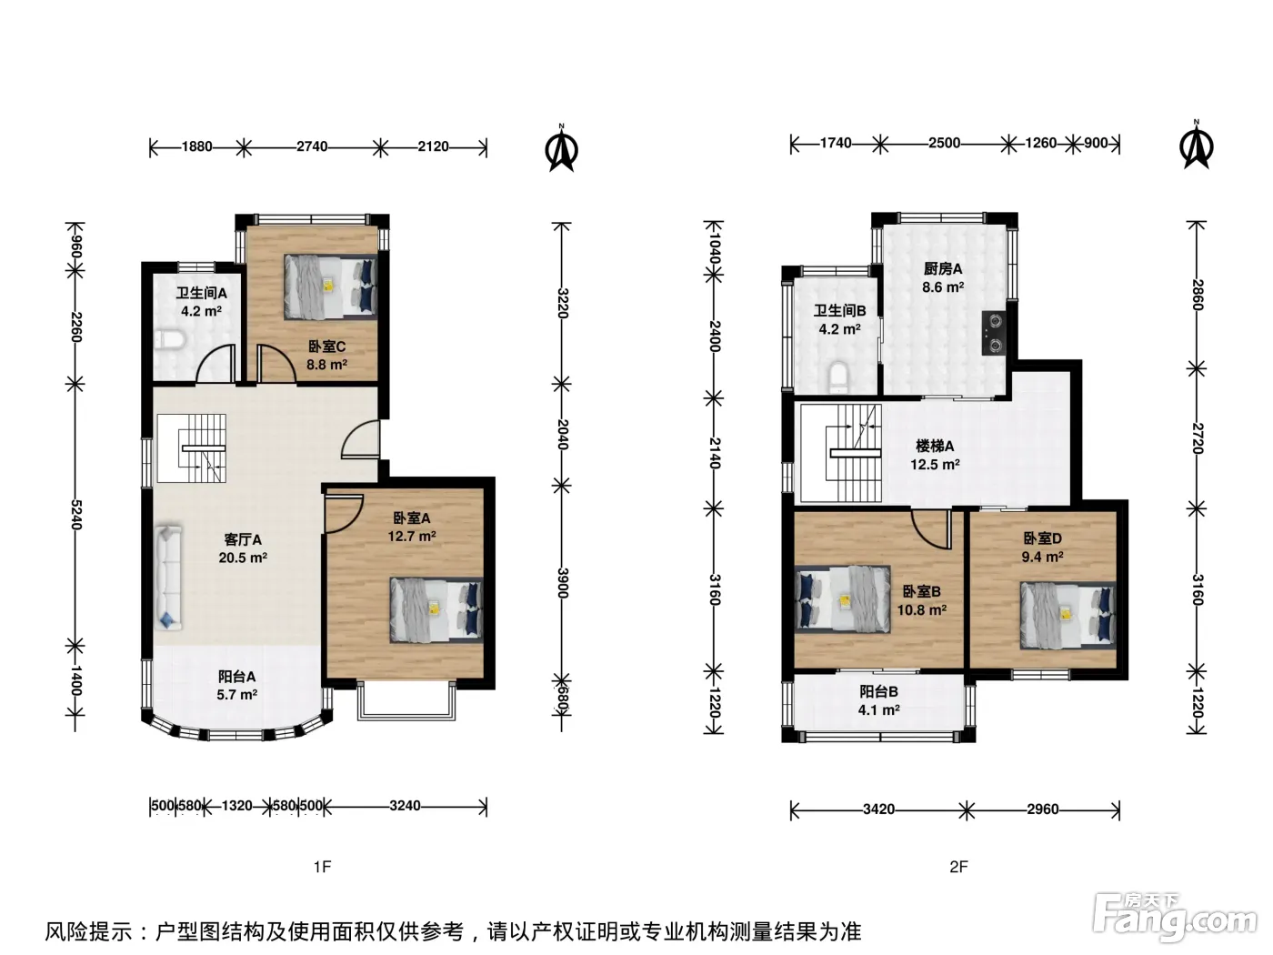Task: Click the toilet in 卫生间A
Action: (x=169, y=340)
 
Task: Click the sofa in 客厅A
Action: (x=168, y=578)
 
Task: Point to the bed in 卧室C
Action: (x=330, y=287)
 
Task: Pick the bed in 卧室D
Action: (x=1068, y=615)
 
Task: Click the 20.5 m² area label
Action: (x=243, y=558)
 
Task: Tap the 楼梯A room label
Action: (x=935, y=446)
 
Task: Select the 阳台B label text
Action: (x=878, y=691)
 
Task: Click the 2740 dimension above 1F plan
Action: (x=312, y=146)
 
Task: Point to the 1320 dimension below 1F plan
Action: (x=237, y=806)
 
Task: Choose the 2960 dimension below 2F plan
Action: (x=1043, y=809)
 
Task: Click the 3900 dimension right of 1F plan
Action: (x=562, y=583)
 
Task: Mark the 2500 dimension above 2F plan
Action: (x=944, y=143)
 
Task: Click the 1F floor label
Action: (x=323, y=867)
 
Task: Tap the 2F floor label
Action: (x=958, y=867)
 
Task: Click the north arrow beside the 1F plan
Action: (x=561, y=148)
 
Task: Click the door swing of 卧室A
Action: (x=344, y=513)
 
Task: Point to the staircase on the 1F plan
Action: (x=191, y=448)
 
